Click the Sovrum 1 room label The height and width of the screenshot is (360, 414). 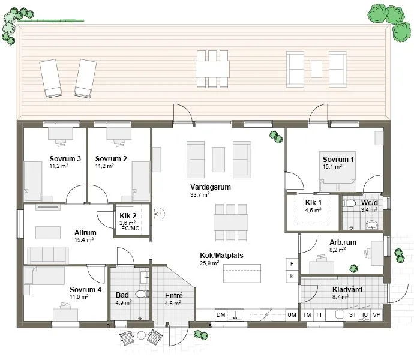coord(338,159)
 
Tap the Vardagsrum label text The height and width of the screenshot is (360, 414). coord(208,187)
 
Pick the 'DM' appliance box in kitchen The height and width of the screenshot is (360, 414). coord(221,315)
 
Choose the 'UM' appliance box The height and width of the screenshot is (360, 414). coord(292,315)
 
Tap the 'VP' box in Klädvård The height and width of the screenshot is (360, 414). coord(377,315)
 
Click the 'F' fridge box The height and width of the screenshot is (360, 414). coord(292,263)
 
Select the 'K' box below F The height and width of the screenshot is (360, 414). coord(292,276)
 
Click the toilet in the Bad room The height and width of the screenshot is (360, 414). coord(142,294)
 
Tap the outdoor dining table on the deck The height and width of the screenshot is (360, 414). coord(212,67)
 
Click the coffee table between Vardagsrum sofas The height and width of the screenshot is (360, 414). coord(218,158)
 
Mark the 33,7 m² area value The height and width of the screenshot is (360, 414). coord(200,195)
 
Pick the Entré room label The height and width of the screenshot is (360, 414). coord(173,296)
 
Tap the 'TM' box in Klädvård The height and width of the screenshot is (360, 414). coord(307,315)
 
